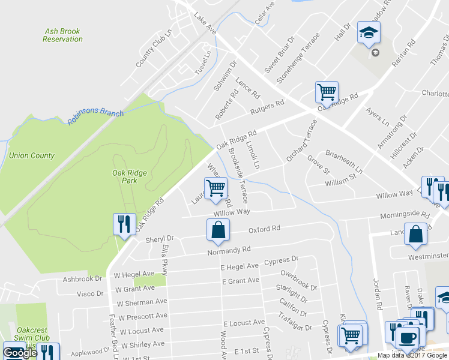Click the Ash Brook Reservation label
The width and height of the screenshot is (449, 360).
[63, 35]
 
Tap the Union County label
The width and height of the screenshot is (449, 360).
[32, 156]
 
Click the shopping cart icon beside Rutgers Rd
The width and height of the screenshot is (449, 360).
[327, 92]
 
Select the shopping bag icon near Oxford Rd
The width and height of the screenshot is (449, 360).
[218, 230]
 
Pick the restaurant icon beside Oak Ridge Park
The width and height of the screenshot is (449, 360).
[124, 224]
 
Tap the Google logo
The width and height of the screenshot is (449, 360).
[20, 353]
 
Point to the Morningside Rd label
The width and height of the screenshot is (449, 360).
[405, 215]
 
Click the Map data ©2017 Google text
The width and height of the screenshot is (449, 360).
[412, 355]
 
